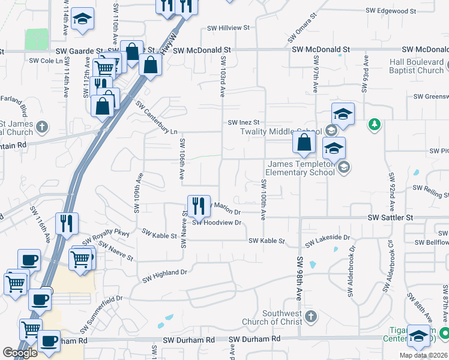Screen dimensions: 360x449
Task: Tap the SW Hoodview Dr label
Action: [217, 223]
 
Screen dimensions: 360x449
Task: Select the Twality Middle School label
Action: [281, 132]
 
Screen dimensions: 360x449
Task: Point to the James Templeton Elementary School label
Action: [301, 168]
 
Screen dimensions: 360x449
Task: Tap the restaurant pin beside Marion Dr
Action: [199, 206]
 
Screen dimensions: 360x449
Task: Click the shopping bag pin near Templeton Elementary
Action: [304, 143]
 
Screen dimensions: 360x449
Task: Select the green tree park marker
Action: [375, 124]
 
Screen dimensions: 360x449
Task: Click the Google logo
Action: [20, 352]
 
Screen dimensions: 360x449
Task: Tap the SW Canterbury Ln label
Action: [157, 118]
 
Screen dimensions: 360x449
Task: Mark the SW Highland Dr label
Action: [165, 276]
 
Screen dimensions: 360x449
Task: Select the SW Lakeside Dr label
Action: [327, 241]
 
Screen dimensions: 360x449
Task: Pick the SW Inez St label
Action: [243, 122]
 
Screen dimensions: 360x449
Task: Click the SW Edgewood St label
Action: [391, 11]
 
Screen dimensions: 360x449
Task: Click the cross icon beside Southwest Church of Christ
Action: [310, 316]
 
